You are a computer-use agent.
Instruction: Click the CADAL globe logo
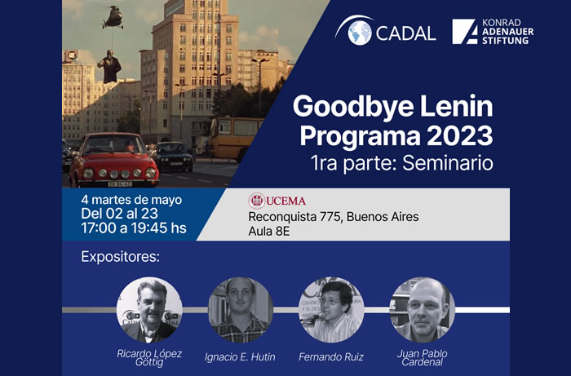[359, 33]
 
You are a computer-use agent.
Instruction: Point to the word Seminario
[449, 161]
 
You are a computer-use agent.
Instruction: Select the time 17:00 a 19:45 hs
[134, 228]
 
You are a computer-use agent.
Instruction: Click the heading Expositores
[121, 259]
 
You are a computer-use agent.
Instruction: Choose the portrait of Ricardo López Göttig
[149, 310]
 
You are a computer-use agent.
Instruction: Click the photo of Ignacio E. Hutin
[241, 310]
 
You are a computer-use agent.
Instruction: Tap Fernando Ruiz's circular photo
[331, 310]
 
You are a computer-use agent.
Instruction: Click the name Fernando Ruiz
[330, 356]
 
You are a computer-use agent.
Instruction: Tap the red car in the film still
[113, 159]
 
